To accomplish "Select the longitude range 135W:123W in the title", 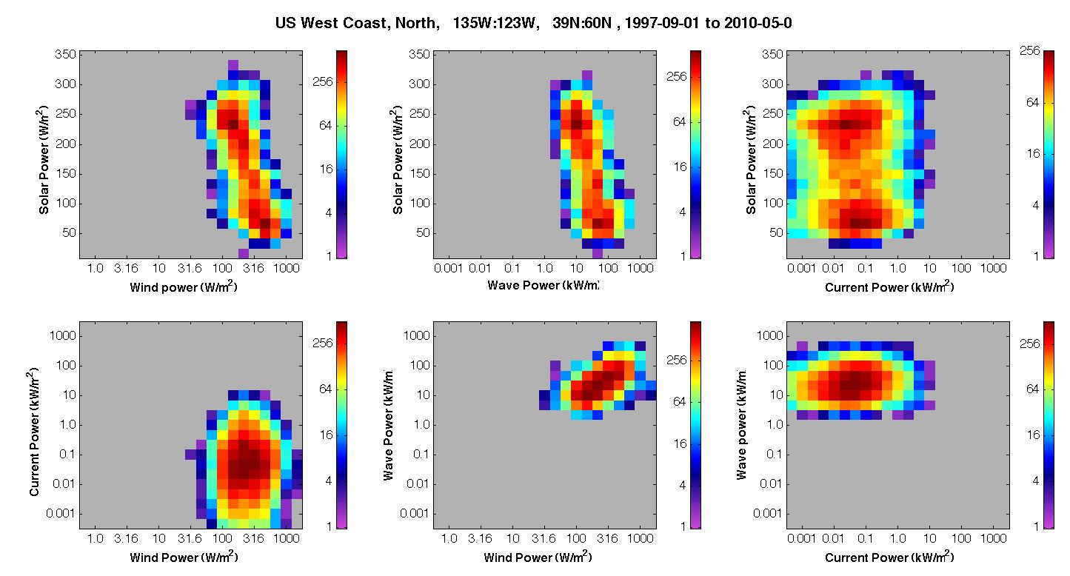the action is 493,23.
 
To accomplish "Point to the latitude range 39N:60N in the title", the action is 582,23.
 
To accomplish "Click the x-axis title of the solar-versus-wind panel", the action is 184,287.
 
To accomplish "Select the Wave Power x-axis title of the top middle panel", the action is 543,285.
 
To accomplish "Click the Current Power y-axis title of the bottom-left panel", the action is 33,432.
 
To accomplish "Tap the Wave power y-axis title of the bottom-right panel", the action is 741,424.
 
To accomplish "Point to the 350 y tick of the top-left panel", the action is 65,55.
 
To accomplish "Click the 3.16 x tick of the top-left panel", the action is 126,269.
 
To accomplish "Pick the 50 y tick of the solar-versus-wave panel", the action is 423,233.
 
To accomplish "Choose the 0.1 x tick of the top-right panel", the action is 865,269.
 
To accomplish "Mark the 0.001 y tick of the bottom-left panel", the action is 61,513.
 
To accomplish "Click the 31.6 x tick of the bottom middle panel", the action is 544,539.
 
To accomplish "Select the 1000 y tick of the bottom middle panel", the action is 416,336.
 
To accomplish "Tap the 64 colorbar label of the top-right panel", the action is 1032,103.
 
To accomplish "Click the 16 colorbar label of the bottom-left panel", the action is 327,435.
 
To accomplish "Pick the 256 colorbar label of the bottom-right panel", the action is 1029,344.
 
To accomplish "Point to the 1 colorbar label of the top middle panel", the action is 683,256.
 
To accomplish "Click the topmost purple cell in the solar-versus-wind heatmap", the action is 233,64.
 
